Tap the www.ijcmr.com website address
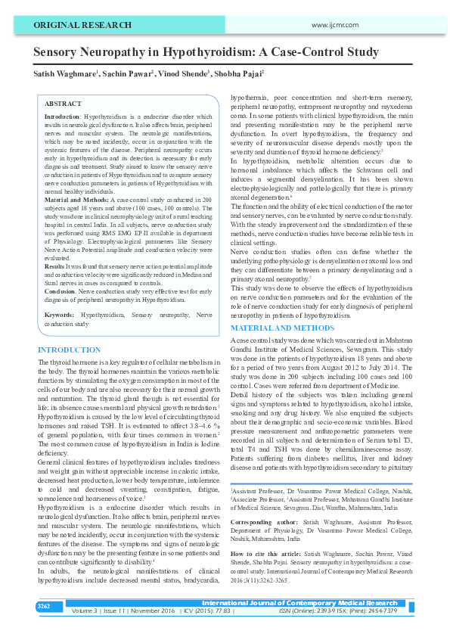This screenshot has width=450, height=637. coord(334,25)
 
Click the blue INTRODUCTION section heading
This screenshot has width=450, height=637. coord(69,350)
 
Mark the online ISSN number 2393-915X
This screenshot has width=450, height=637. coord(328,611)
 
